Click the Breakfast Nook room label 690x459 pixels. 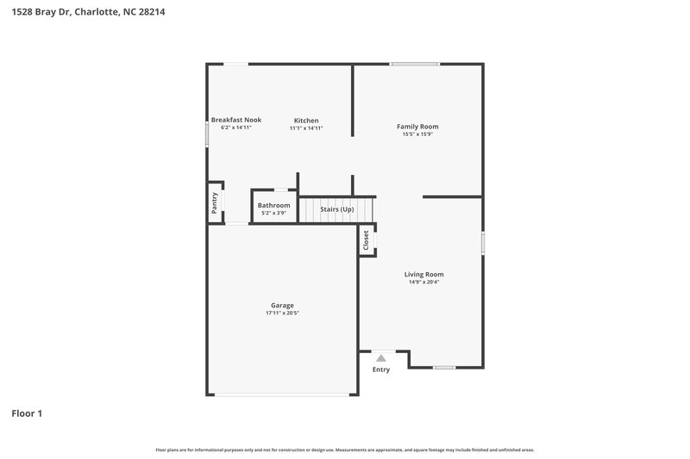(x=236, y=120)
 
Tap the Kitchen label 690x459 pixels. (x=306, y=120)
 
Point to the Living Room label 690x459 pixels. (x=424, y=274)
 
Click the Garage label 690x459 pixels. (x=282, y=305)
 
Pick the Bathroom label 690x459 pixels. (x=273, y=205)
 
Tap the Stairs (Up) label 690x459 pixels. (x=337, y=209)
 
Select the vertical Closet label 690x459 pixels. (x=367, y=240)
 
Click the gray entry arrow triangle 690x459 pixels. (x=381, y=357)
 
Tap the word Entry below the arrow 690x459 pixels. (x=381, y=369)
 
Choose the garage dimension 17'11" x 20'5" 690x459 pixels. (x=282, y=313)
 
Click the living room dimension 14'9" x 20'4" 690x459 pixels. (x=424, y=282)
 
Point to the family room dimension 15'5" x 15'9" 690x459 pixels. (x=417, y=134)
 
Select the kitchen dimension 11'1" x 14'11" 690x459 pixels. (x=306, y=127)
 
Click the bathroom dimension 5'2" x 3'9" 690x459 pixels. (x=273, y=213)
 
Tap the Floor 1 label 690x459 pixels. (x=27, y=413)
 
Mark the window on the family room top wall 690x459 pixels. (x=414, y=64)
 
